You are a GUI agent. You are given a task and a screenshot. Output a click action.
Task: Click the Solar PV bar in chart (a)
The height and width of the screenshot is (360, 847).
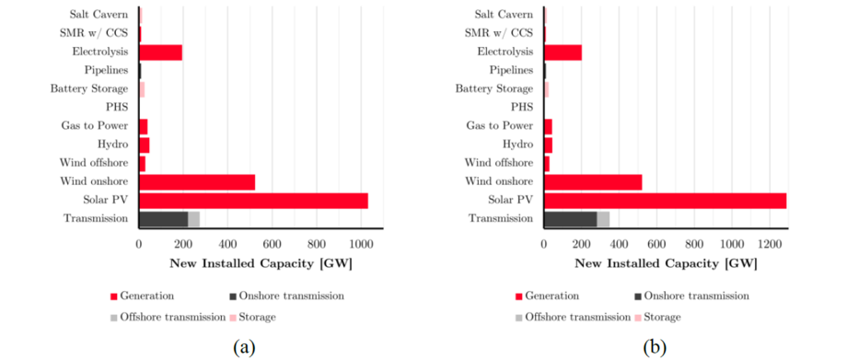[x=253, y=201]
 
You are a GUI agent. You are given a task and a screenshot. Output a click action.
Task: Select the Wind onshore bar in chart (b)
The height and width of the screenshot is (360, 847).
[x=593, y=181]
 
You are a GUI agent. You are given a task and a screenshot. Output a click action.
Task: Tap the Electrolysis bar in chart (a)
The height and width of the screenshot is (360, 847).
[x=160, y=52]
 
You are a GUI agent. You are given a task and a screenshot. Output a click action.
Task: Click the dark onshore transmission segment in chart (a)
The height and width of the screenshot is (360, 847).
[x=163, y=218]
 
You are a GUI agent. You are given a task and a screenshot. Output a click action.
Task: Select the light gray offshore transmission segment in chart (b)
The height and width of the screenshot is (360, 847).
[x=603, y=218]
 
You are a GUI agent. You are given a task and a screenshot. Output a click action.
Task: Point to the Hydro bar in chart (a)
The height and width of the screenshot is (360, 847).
[x=144, y=145]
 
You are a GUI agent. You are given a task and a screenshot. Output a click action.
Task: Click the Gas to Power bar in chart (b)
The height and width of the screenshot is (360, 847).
[x=549, y=126]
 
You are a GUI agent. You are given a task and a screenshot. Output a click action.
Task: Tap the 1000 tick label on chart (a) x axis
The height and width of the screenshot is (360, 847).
[x=360, y=246]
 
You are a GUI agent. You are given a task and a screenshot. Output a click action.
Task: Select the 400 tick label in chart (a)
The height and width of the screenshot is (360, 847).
[x=227, y=246]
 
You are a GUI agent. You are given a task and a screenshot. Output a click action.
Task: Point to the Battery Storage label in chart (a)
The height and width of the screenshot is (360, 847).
[x=89, y=89]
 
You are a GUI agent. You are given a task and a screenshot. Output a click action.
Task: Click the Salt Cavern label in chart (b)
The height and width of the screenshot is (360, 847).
[x=503, y=15]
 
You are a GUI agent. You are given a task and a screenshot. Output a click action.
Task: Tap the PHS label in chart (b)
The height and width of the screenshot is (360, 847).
[x=520, y=108]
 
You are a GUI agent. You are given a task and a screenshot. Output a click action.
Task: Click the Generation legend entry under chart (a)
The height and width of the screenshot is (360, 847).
[x=143, y=296]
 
